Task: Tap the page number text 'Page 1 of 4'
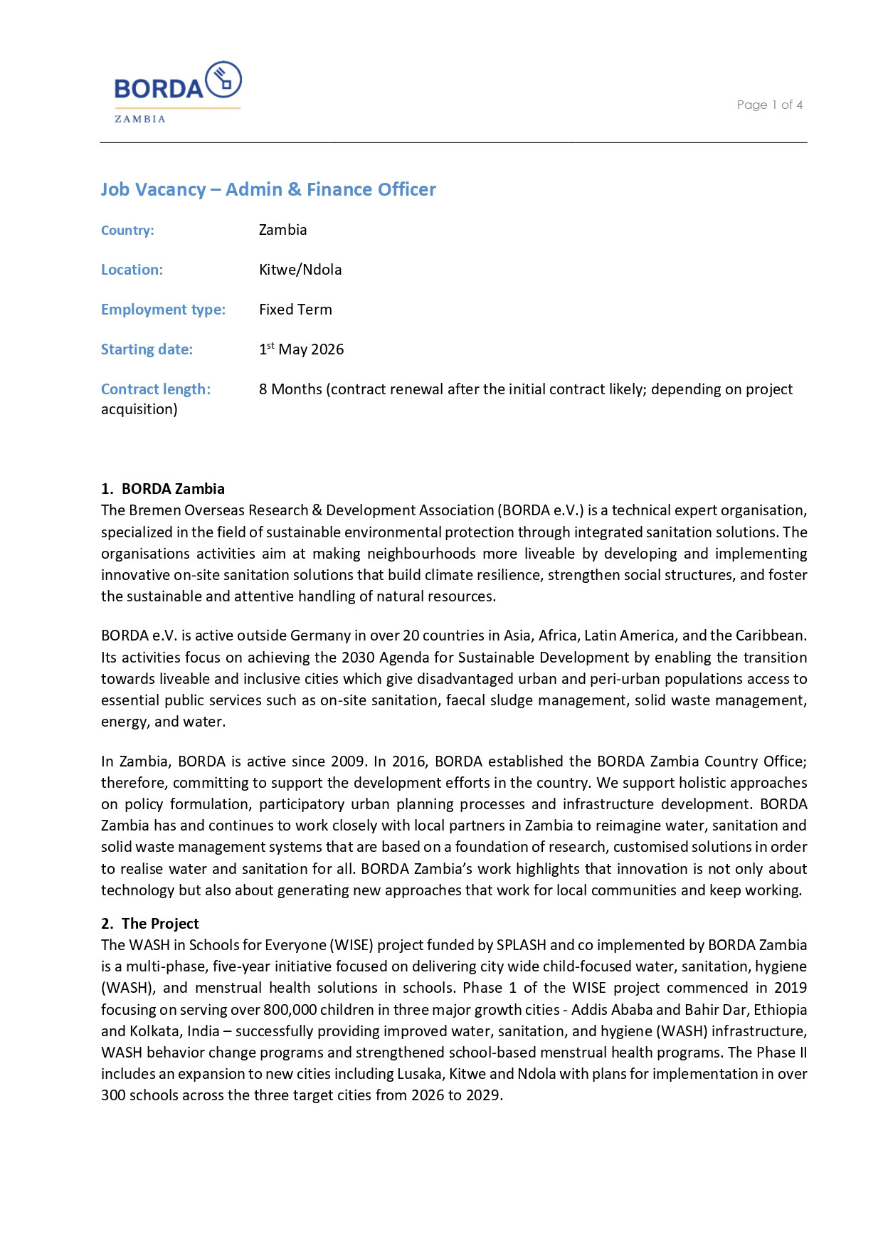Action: point(769,105)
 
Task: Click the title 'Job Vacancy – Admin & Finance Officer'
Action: point(268,189)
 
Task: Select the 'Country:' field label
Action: point(127,231)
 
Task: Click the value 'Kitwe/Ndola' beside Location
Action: point(300,270)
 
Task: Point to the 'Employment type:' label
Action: point(163,310)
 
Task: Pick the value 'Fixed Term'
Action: point(295,310)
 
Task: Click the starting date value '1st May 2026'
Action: point(301,349)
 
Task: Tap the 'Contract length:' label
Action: point(156,389)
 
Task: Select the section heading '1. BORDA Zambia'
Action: point(163,489)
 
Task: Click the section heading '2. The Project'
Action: point(150,924)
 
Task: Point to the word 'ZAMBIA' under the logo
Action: point(140,119)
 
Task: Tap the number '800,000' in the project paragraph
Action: point(290,1010)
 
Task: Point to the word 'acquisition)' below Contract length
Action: point(139,409)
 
